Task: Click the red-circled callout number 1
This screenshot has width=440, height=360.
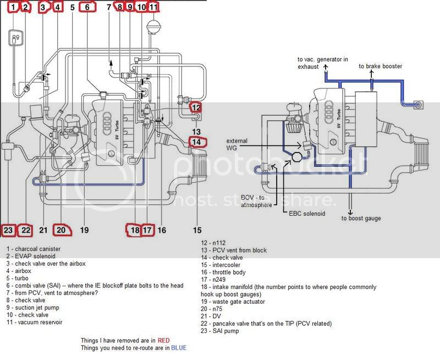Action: tap(13, 7)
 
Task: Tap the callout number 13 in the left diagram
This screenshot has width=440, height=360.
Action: tap(196, 132)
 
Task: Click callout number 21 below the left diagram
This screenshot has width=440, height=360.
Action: tap(43, 230)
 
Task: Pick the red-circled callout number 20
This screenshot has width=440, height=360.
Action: tap(61, 230)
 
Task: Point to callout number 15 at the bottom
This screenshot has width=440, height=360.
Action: tap(197, 230)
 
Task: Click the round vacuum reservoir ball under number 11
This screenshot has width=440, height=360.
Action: tap(153, 26)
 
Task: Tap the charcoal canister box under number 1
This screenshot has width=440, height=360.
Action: tap(16, 37)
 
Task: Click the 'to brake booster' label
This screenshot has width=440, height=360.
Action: tap(380, 66)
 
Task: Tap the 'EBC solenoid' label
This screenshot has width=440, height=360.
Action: tap(307, 214)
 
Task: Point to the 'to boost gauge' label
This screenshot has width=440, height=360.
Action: tap(361, 218)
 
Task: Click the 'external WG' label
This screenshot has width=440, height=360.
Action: tap(237, 144)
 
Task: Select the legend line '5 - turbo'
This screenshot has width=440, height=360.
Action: tap(18, 279)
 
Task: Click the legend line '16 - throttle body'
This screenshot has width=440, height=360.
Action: tap(223, 272)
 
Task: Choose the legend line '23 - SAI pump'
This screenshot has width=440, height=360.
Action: tap(219, 331)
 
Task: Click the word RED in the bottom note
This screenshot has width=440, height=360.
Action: tap(163, 341)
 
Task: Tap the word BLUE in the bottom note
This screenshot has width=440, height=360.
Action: tap(179, 348)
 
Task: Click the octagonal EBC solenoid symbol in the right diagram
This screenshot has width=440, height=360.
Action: tap(297, 157)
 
